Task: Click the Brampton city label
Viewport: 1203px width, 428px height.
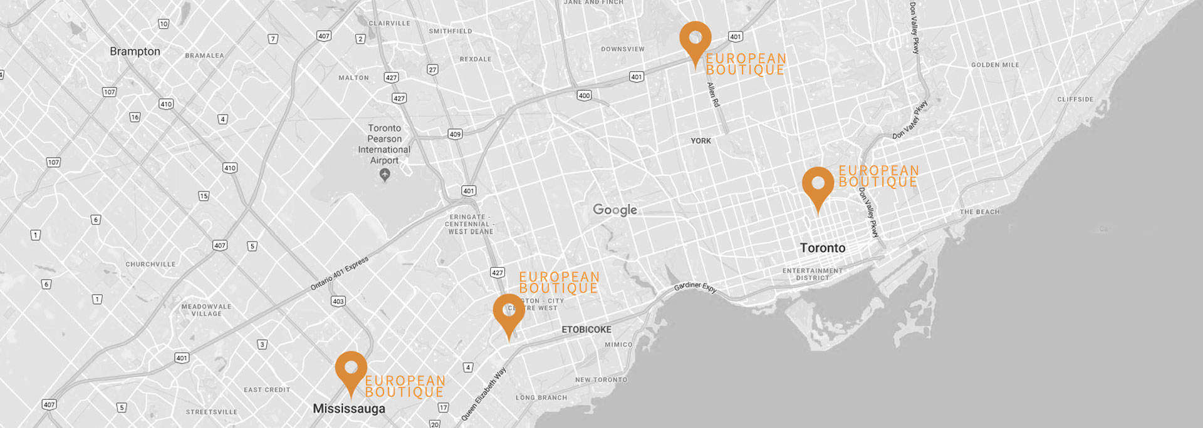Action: tap(135, 51)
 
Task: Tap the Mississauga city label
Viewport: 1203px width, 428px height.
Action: tap(349, 409)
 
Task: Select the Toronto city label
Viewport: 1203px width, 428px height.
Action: tap(822, 248)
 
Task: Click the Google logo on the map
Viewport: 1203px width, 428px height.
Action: tap(615, 210)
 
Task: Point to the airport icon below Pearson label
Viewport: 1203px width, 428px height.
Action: tap(385, 175)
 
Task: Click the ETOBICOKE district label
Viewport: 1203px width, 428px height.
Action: tap(586, 329)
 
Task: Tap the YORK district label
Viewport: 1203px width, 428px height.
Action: tap(700, 141)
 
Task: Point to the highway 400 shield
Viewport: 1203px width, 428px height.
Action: tap(584, 96)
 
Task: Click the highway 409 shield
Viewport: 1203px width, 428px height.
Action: tap(455, 134)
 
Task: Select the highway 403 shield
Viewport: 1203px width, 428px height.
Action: tap(338, 301)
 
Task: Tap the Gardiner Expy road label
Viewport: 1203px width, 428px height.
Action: tap(695, 287)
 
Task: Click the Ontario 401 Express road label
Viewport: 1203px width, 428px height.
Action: tap(340, 273)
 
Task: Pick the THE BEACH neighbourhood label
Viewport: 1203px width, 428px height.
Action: tap(979, 212)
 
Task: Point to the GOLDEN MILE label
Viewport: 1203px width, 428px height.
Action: tap(995, 65)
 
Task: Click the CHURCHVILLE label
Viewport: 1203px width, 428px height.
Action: tap(150, 264)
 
